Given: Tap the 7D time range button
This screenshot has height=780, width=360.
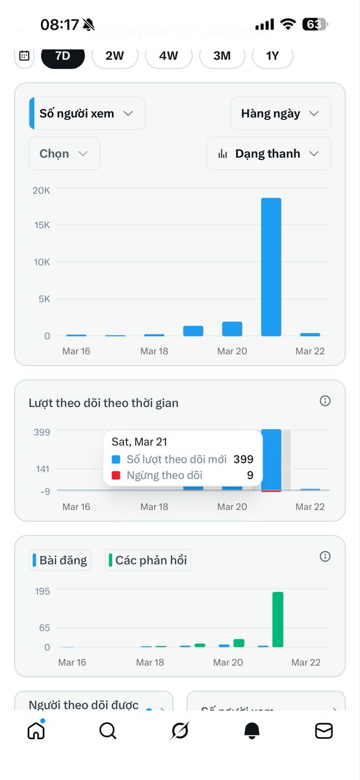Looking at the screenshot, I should click(62, 56).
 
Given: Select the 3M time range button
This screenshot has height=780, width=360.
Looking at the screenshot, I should click(222, 56).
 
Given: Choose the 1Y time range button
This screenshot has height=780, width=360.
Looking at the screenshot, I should click(272, 56).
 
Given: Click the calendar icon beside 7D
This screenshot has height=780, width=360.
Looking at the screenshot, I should click(24, 56).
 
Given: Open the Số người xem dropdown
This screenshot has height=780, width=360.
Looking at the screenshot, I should click(87, 114).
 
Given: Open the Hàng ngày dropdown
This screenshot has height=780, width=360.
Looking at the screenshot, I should click(280, 114).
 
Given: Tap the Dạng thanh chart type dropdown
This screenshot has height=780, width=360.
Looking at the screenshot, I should click(268, 154).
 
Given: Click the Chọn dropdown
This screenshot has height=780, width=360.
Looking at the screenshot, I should click(64, 154).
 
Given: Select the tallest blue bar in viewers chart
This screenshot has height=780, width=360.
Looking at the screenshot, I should click(271, 267).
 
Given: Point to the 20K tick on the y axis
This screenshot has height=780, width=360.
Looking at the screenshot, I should click(42, 190).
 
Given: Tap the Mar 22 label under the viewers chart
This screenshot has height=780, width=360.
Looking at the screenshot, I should click(310, 351).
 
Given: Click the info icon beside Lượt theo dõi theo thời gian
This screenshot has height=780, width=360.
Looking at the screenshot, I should click(326, 401).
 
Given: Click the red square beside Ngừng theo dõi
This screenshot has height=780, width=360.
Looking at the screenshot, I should click(116, 476).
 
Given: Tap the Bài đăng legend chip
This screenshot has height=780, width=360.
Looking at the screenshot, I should click(59, 560).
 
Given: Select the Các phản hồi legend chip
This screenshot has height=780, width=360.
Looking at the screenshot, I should click(148, 560).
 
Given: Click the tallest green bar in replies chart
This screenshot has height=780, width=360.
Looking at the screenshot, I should click(277, 619).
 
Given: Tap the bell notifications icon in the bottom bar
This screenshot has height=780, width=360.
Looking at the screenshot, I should click(251, 731).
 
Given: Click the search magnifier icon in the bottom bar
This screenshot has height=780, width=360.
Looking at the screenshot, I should click(108, 731).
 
